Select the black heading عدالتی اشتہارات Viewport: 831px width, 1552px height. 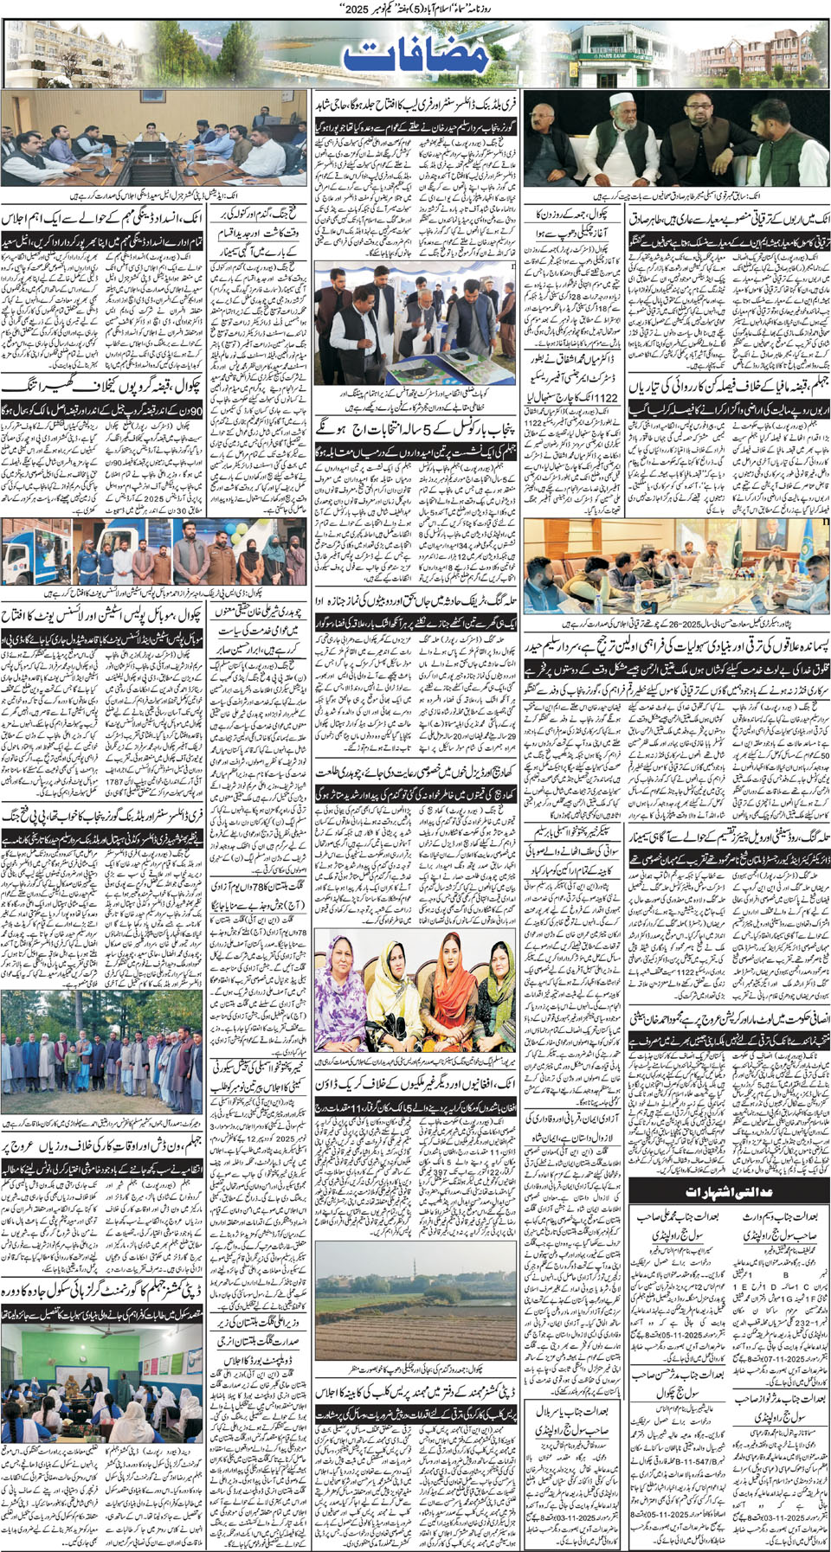pyautogui.click(x=728, y=1192)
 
